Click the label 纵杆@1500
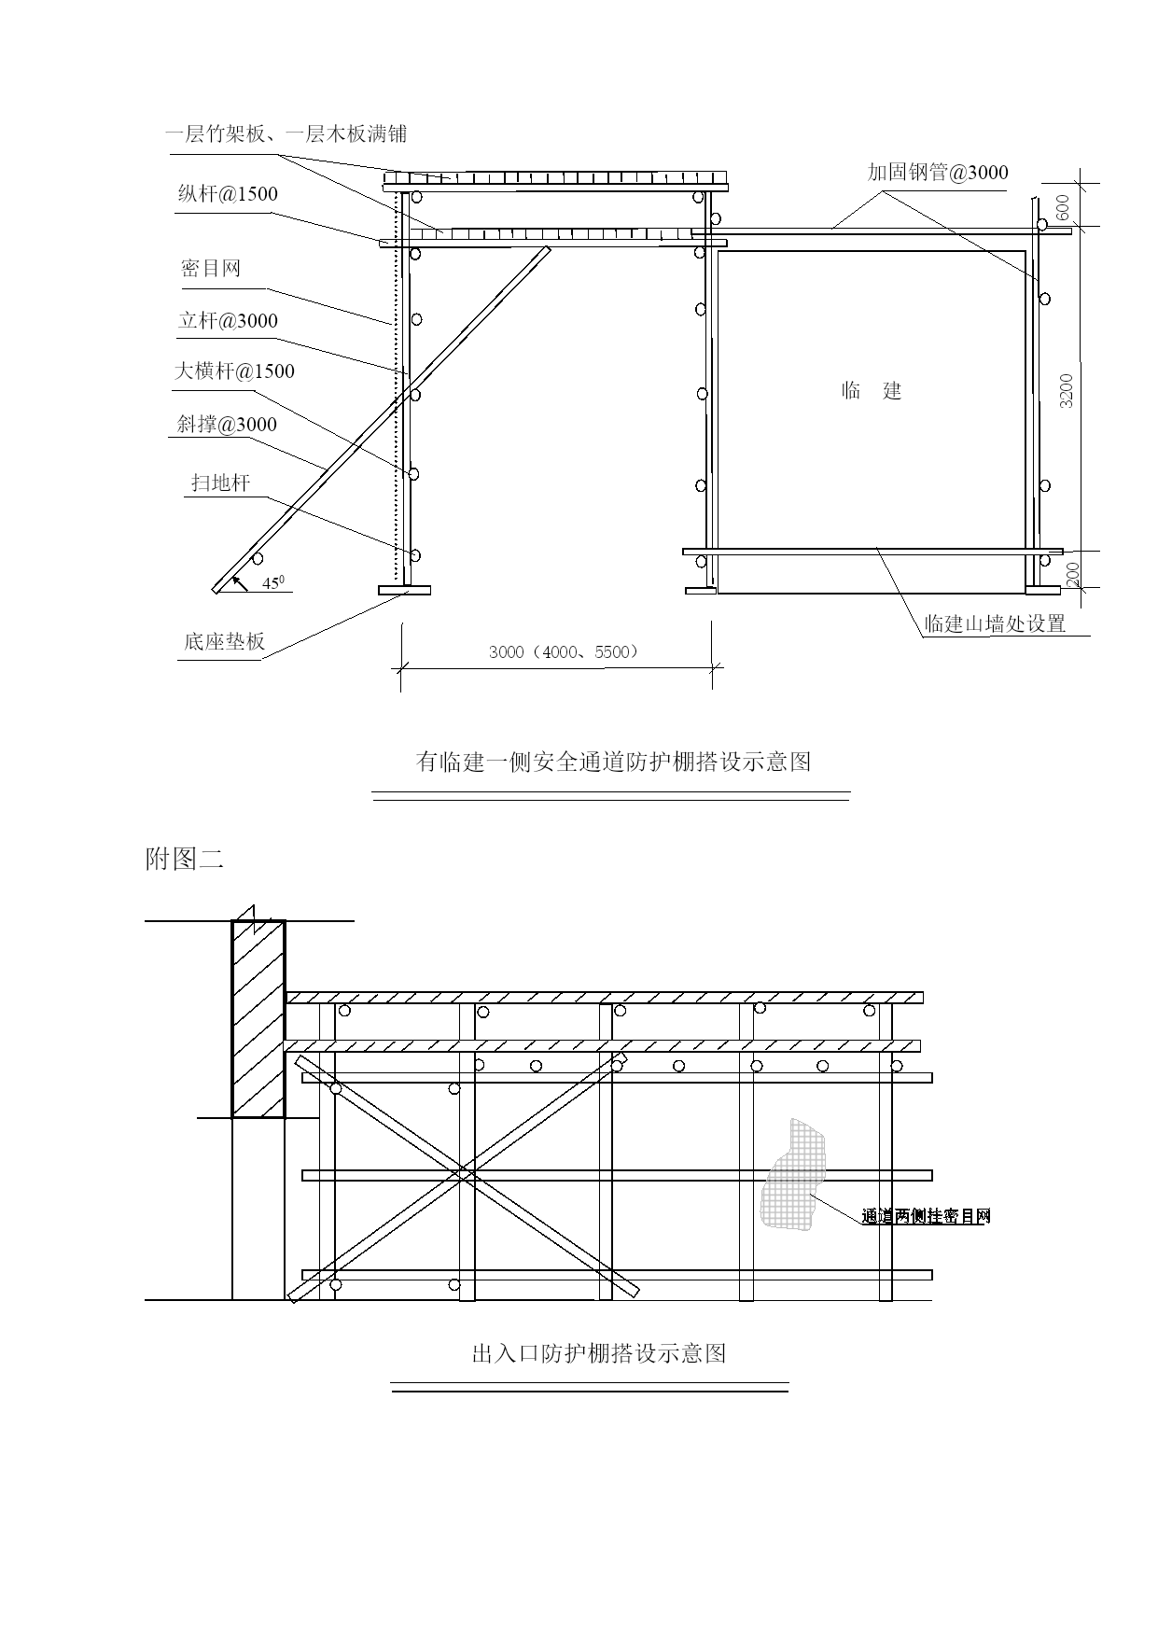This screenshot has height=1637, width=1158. click(x=228, y=194)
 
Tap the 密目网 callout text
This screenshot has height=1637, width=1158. click(x=211, y=269)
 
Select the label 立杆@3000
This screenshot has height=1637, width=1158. click(x=228, y=321)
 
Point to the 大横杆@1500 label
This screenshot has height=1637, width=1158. click(x=234, y=371)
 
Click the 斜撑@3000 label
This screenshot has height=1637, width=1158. click(x=228, y=425)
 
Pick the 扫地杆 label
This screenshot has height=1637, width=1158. click(x=220, y=483)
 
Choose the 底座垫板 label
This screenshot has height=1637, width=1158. click(x=225, y=641)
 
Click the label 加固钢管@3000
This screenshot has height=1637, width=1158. click(x=938, y=172)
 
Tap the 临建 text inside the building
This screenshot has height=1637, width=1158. click(x=872, y=390)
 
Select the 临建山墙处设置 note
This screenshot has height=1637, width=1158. click(x=995, y=623)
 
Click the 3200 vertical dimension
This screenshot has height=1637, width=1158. click(x=1067, y=390)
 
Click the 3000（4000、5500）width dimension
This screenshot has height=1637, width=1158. click(x=564, y=651)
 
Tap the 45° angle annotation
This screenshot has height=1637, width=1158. click(x=273, y=581)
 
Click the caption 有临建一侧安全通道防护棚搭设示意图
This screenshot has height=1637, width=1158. click(x=613, y=762)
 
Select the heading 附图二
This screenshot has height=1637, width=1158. click(x=185, y=859)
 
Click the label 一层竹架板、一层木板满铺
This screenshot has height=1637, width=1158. click(x=286, y=133)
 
